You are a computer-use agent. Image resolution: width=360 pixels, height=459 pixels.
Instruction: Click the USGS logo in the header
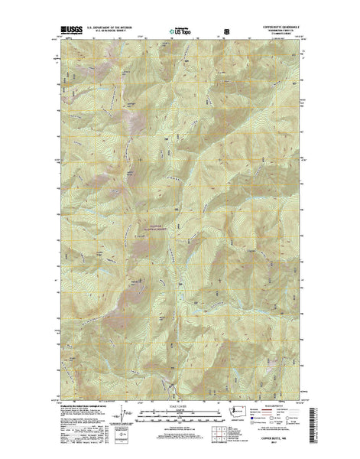coord(68,31)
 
